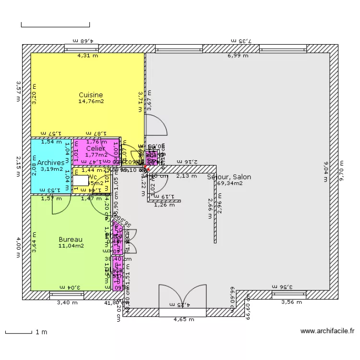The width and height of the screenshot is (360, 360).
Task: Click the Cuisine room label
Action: tap(91, 95)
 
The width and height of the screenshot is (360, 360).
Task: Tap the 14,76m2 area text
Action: tap(91, 101)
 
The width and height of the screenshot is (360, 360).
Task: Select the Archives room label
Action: tap(51, 163)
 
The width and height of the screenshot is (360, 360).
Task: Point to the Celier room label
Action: tap(96, 149)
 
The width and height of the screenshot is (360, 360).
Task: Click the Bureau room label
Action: tap(71, 240)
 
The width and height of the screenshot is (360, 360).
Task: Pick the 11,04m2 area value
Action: tap(71, 246)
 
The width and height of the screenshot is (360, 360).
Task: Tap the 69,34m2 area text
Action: tap(229, 183)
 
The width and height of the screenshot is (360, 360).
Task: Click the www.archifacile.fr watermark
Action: tap(327, 331)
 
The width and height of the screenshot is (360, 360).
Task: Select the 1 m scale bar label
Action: tap(41, 332)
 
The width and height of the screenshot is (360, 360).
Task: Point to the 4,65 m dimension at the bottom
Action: tap(183, 319)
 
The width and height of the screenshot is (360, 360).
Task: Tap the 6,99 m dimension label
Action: tap(238, 56)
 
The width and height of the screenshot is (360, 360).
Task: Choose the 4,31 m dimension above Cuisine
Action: tap(88, 56)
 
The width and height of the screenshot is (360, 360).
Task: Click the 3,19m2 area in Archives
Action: tap(51, 169)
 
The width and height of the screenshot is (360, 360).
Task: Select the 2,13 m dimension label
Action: tap(187, 176)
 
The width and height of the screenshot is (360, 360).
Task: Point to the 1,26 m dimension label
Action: tap(164, 205)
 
